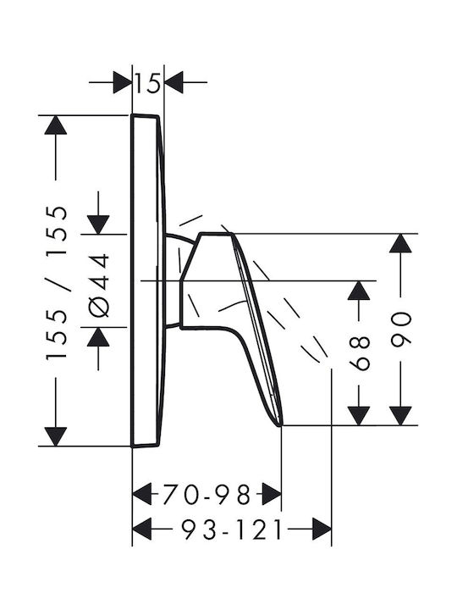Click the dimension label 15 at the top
(147, 82)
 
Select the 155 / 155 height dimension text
(57, 283)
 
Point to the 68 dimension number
(359, 353)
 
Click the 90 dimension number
(400, 329)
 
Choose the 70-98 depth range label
(206, 495)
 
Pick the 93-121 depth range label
(233, 529)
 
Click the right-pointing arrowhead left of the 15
(123, 82)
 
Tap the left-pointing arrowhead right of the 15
(174, 82)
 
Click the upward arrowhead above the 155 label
(56, 125)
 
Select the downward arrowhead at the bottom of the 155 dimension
(56, 436)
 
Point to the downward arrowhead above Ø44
(98, 225)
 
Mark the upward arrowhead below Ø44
(98, 337)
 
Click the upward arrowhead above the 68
(358, 291)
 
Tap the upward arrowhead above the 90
(400, 243)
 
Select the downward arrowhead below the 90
(400, 416)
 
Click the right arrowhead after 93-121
(322, 529)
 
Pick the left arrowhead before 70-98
(142, 495)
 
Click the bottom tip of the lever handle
(280, 425)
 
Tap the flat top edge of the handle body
(216, 234)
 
